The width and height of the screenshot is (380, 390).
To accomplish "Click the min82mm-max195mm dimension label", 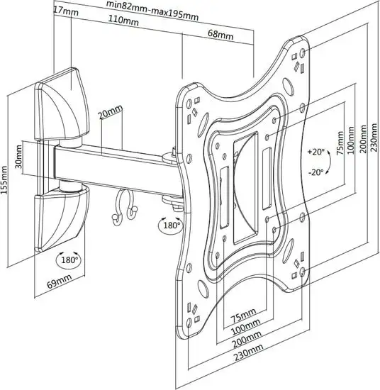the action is click(x=152, y=11).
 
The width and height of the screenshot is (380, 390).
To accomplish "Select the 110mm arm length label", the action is click(x=123, y=19).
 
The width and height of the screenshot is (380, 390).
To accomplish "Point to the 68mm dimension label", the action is click(x=220, y=34).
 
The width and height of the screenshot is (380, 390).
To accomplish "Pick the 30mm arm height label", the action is click(x=18, y=157).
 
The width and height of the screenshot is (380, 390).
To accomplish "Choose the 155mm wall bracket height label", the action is click(x=4, y=180).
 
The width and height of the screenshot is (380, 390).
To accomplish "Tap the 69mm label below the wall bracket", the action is click(x=60, y=281).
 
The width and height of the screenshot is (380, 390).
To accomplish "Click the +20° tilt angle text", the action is click(x=315, y=152).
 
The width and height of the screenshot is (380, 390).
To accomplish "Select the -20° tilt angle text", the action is click(x=316, y=172).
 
